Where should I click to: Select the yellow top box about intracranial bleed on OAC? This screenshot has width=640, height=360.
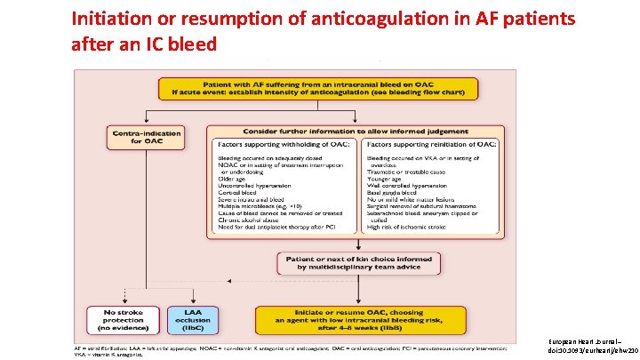click(317, 89)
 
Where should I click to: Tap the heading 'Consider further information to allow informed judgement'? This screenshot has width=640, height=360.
click(356, 130)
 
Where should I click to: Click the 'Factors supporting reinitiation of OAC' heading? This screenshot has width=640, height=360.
click(433, 144)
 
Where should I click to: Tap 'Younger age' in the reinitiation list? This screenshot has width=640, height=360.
click(390, 177)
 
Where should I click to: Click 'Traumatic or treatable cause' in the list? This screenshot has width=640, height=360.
click(413, 169)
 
